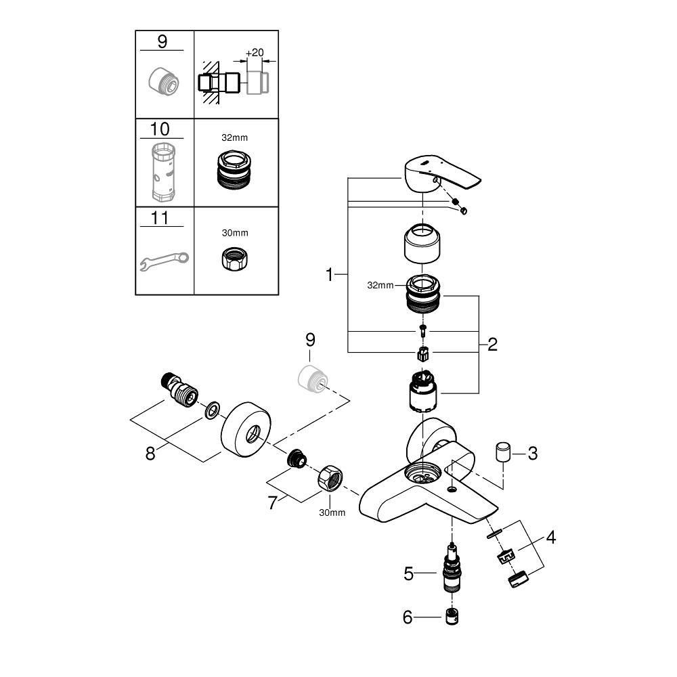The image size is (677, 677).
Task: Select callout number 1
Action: click(x=330, y=275)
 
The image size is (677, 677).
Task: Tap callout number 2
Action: click(x=492, y=345)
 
